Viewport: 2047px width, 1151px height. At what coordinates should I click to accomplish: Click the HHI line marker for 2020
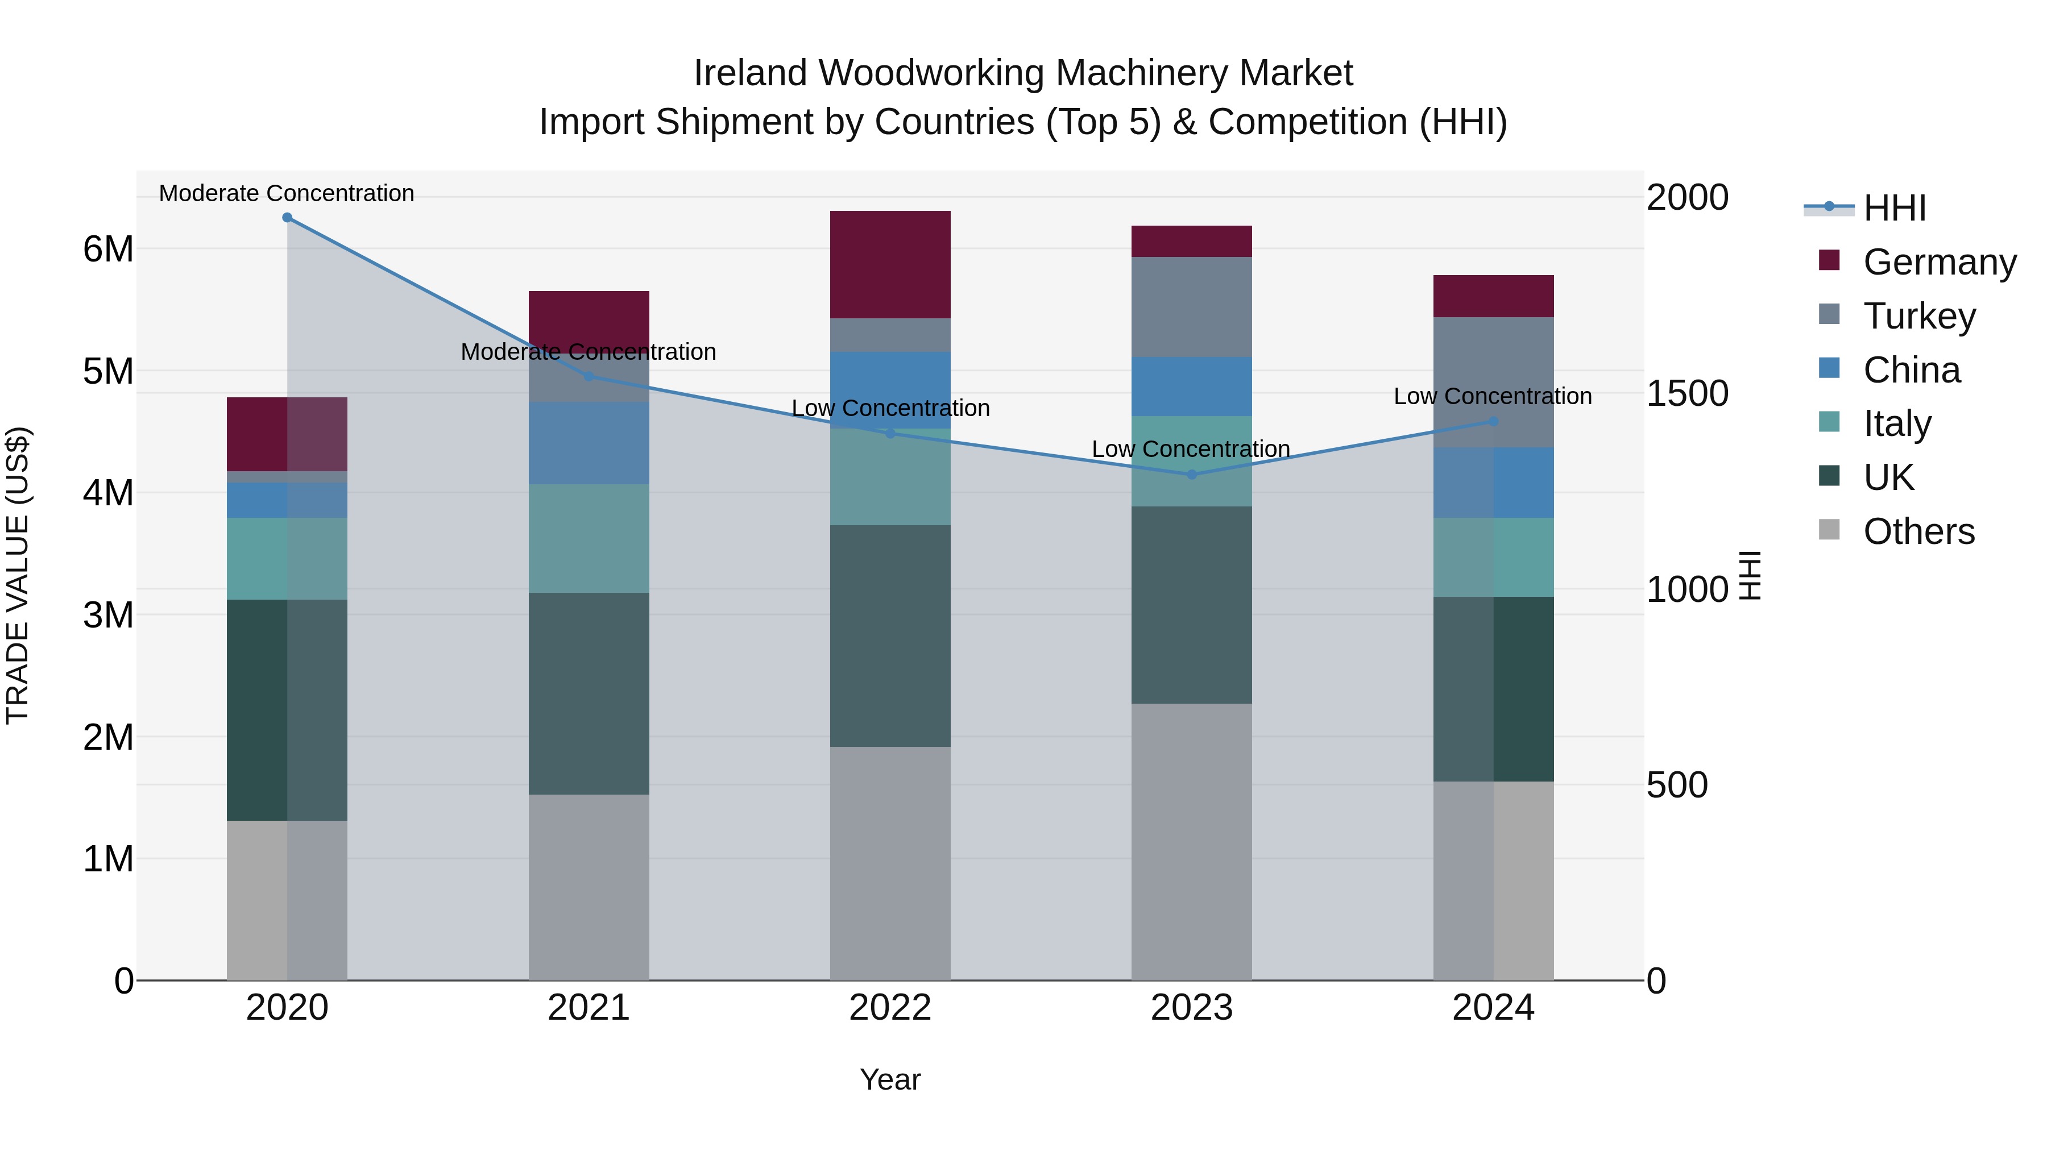point(288,218)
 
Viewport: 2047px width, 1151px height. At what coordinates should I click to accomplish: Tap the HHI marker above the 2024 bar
point(1493,422)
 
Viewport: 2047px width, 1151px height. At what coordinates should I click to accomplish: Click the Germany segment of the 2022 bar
point(890,264)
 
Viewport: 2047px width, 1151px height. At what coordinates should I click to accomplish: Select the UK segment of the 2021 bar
point(589,693)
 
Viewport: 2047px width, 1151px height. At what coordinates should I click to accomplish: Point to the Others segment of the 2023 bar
point(1191,842)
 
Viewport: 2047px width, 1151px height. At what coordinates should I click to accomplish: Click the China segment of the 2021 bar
point(589,443)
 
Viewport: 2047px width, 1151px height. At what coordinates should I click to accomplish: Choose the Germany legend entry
point(1939,262)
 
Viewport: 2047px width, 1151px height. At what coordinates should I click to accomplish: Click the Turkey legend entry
point(1919,316)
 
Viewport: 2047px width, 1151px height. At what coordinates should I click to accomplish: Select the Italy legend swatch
point(1829,422)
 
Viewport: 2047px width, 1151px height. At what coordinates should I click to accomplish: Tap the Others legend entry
point(1918,531)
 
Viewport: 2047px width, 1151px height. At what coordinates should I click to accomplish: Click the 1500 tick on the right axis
point(1687,393)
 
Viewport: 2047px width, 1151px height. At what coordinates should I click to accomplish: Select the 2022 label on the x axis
point(890,1008)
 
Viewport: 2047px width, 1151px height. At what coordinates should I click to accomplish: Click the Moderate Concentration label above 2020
point(287,193)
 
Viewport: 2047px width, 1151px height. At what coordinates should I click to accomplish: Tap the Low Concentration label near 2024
point(1493,396)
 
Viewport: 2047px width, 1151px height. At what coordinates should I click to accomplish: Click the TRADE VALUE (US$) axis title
point(18,575)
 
